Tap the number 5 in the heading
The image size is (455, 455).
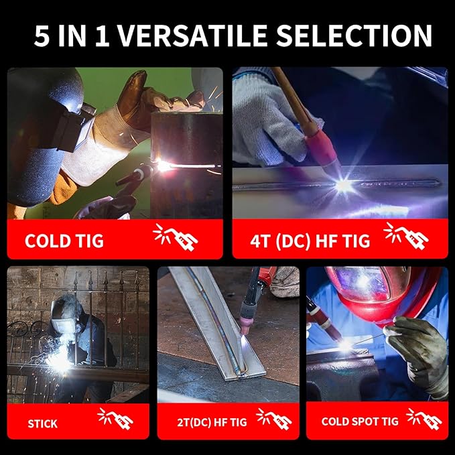coord(42,36)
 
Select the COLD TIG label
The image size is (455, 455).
coord(64,241)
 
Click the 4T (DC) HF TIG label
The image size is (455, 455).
coord(310,241)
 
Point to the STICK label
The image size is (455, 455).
coord(43,424)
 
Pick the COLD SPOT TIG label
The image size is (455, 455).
coord(360,421)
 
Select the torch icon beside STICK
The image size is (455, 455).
coord(116,419)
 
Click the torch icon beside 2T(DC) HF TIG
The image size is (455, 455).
coord(274,419)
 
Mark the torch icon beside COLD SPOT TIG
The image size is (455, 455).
coord(424,419)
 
